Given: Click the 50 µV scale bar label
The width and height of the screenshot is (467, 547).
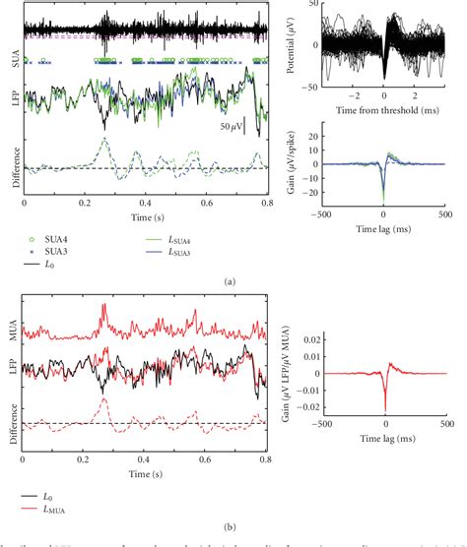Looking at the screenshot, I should tap(233, 127).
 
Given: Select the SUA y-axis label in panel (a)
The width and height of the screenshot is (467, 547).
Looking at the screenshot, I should tap(12, 59).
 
